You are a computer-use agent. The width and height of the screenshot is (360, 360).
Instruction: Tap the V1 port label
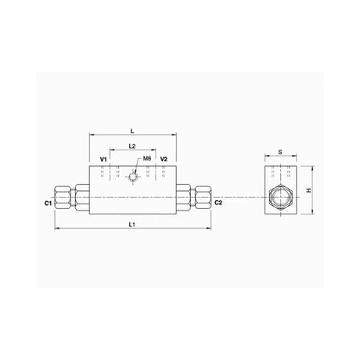click(x=104, y=159)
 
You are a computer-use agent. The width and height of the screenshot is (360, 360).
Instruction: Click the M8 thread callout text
click(x=147, y=159)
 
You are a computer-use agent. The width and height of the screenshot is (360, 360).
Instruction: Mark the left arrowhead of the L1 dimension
click(x=56, y=229)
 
